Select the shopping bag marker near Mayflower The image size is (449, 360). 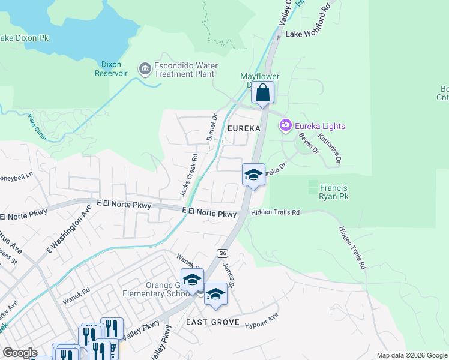click(263, 93)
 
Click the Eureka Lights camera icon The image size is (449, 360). click(285, 125)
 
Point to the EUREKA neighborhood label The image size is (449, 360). click(244, 128)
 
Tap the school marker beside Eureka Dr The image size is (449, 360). click(253, 175)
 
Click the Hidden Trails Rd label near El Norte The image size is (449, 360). click(276, 212)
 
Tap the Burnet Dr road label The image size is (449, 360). click(211, 127)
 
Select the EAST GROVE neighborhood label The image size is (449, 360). click(212, 323)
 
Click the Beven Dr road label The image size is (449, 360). click(307, 142)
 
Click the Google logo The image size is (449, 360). click(20, 353)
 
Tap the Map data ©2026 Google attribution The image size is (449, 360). click(411, 355)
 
